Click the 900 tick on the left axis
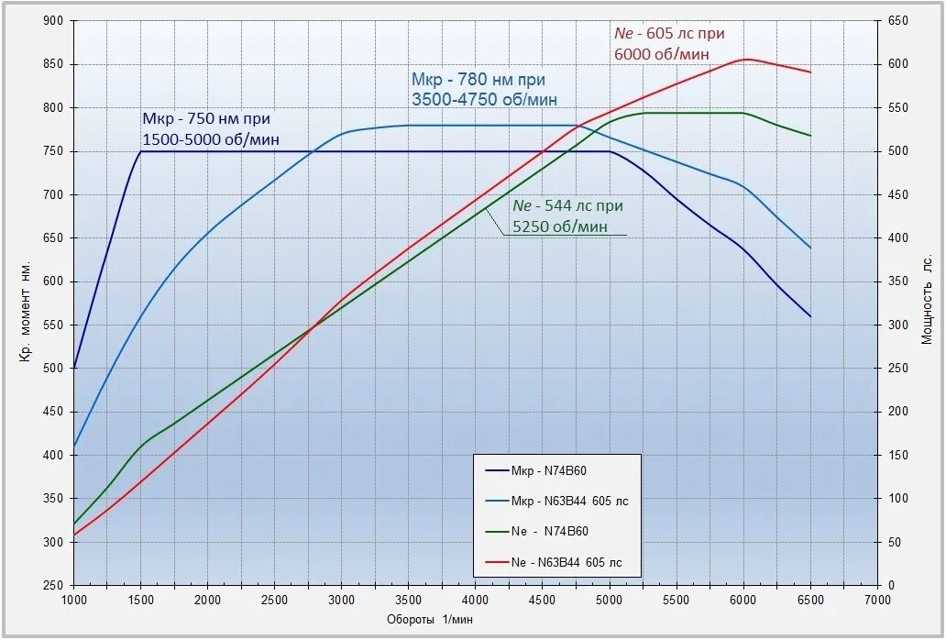tap(53, 20)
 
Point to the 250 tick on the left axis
tap(53, 585)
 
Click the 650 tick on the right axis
tap(897, 20)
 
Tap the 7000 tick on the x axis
tap(877, 600)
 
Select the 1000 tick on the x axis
tap(73, 600)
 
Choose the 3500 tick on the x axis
tap(409, 600)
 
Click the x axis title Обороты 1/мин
tap(430, 620)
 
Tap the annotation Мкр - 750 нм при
tap(206, 119)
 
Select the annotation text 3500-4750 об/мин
tap(485, 98)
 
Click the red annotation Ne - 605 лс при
tap(669, 34)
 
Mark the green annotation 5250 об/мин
tap(560, 226)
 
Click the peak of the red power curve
tap(746, 60)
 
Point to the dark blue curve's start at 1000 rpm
tap(73, 368)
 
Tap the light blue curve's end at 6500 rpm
tap(810, 248)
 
